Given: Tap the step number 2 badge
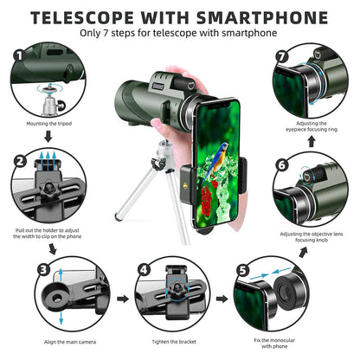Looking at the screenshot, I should coord(17,160).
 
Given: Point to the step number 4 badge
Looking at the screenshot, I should coord(145,268).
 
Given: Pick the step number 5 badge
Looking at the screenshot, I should coord(242,268).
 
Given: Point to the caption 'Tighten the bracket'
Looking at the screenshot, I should coord(174,344).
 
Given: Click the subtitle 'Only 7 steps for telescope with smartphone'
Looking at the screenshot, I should coord(179,35).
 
